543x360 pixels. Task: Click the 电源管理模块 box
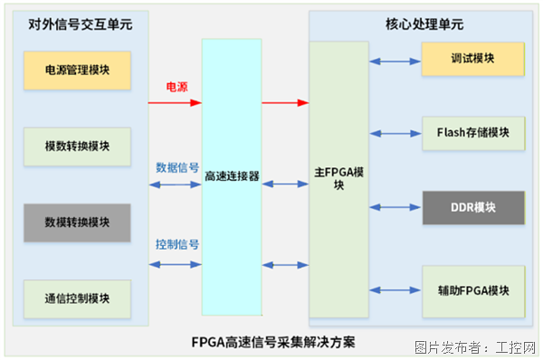[x=77, y=70]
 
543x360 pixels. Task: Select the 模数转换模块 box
[x=77, y=146]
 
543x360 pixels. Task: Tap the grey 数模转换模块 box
[x=77, y=222]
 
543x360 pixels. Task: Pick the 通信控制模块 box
[x=77, y=297]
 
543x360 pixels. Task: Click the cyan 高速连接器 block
[x=232, y=176]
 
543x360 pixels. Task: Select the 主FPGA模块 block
[x=338, y=177]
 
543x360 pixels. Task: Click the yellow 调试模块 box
[x=472, y=58]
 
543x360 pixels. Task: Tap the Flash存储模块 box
[x=472, y=133]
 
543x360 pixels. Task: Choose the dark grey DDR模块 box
[x=472, y=208]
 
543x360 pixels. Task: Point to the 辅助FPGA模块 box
[x=472, y=290]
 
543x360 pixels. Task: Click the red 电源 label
[x=176, y=87]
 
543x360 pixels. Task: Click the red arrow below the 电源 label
[x=175, y=102]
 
